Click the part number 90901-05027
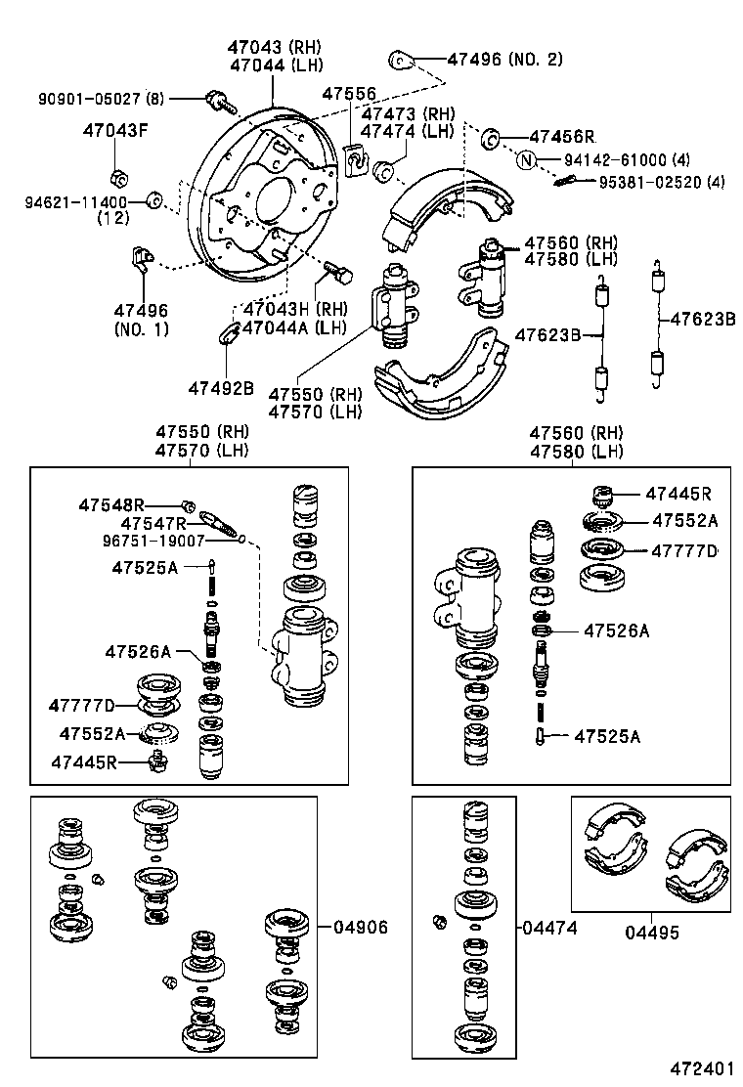[x=90, y=99]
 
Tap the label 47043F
[x=115, y=130]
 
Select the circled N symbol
[x=527, y=160]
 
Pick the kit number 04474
[x=550, y=927]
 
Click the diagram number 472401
[x=702, y=1068]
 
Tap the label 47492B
[x=221, y=388]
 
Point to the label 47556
[x=349, y=94]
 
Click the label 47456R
[x=562, y=137]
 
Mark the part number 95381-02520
[x=647, y=182]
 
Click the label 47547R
[x=153, y=523]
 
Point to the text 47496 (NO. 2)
[x=504, y=60]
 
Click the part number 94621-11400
[x=76, y=202]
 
